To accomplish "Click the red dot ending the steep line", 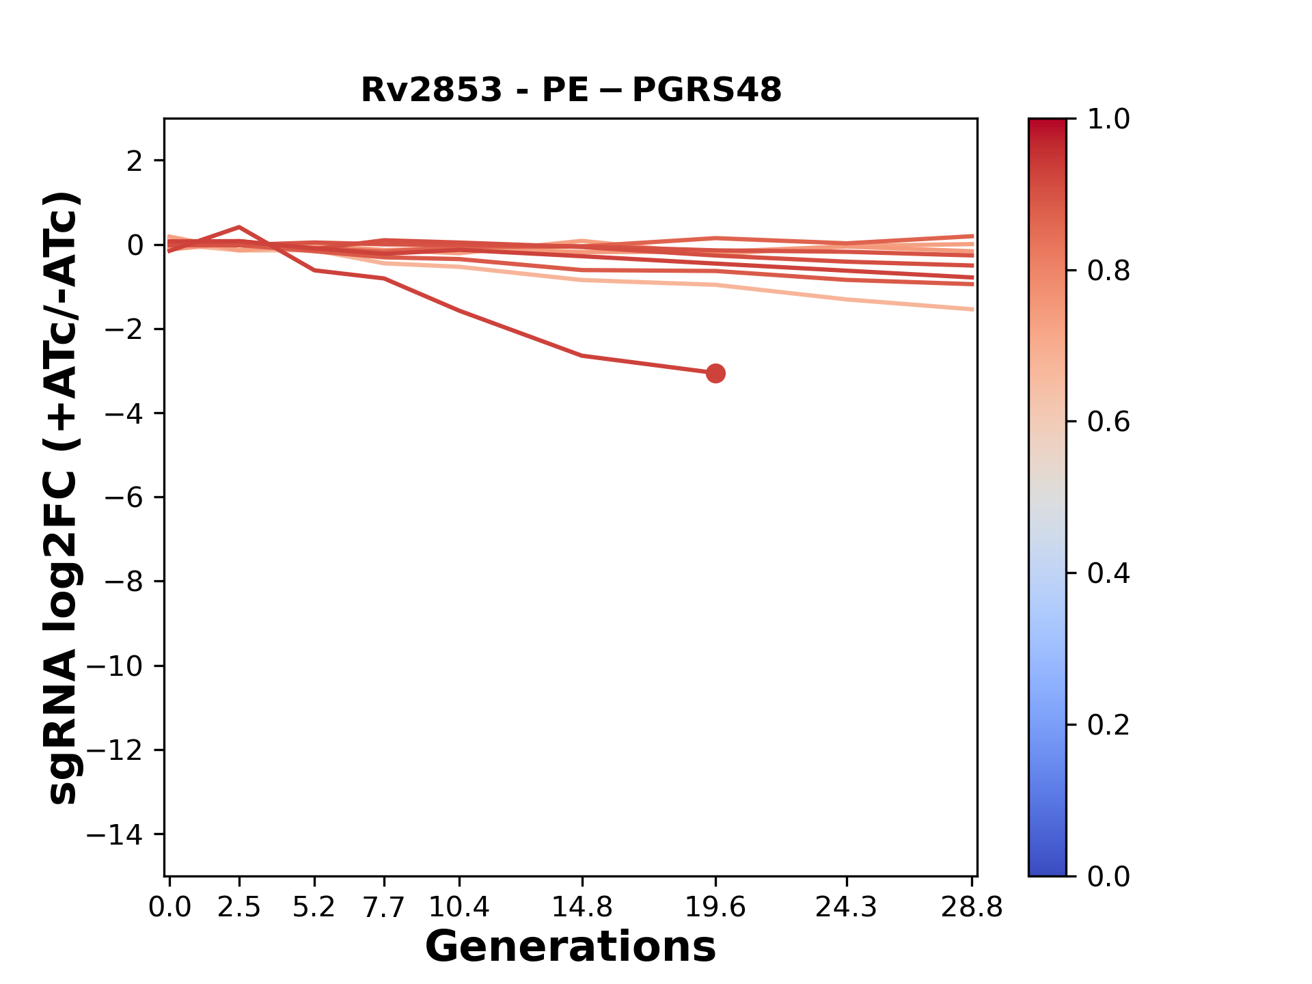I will tap(715, 373).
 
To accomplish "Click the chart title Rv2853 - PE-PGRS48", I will tap(571, 90).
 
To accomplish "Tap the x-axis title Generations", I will tap(571, 947).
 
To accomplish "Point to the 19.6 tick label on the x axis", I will tap(715, 907).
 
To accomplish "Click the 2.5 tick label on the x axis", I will tap(239, 907).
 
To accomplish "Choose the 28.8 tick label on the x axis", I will tap(972, 907).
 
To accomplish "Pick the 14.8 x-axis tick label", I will tap(582, 907).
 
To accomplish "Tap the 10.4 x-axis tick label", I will tap(459, 907).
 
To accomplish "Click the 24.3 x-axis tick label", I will tap(846, 907).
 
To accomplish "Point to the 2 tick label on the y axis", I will tap(135, 161).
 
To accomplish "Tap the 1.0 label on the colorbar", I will tap(1108, 120).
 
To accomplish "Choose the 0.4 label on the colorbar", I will tap(1108, 573).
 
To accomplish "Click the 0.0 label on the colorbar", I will tap(1108, 876).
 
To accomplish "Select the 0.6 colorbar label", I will tap(1108, 422).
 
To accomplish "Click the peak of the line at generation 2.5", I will tap(239, 227).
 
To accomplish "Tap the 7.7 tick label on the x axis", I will tap(384, 907).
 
